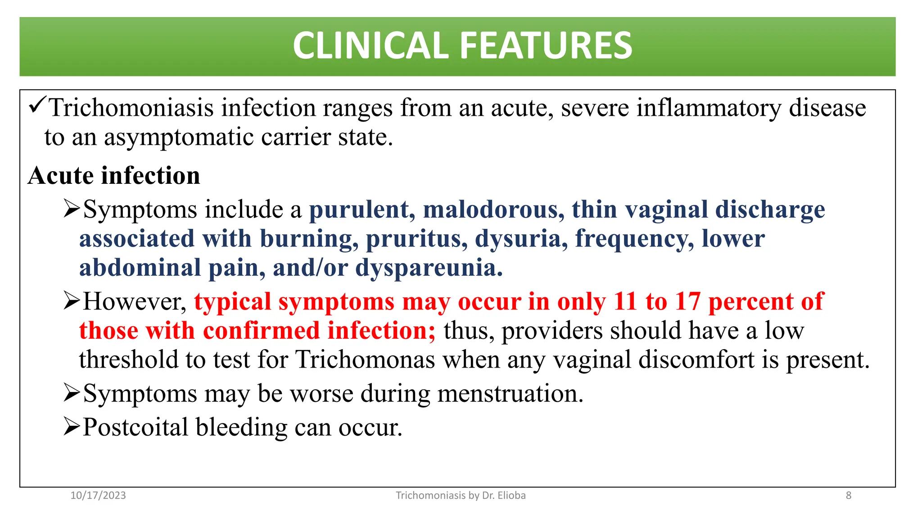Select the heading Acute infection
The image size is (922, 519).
[x=114, y=176]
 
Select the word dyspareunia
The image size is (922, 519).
[x=429, y=268]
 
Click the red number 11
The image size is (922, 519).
[x=625, y=302]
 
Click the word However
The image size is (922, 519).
[x=135, y=302]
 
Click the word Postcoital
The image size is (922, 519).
[x=135, y=428]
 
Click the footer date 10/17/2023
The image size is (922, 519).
[x=98, y=496]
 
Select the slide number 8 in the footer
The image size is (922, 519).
[x=849, y=496]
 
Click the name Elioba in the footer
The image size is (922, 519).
[x=511, y=496]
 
